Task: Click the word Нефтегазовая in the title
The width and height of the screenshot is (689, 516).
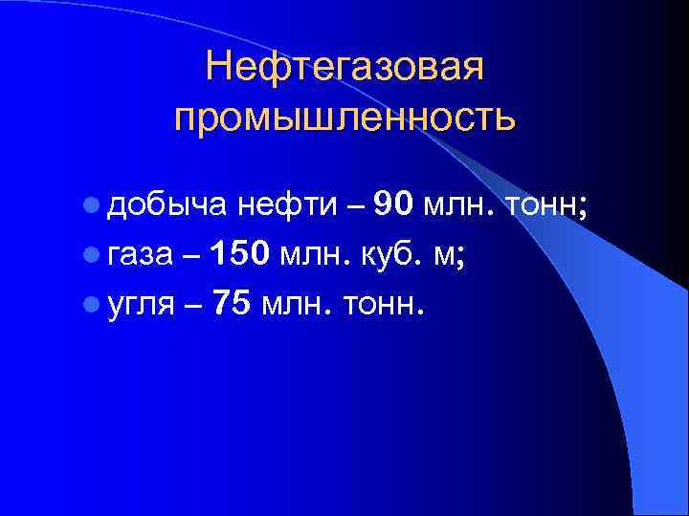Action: click(x=345, y=67)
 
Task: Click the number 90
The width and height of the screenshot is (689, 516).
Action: click(x=394, y=203)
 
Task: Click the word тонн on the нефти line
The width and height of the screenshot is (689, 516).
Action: click(x=544, y=204)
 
